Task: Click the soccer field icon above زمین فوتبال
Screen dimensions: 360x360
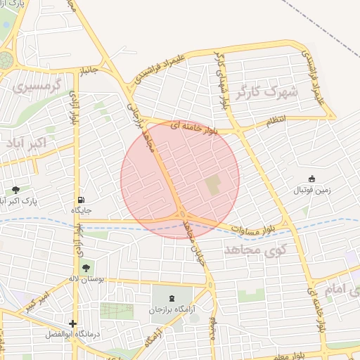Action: (x=311, y=179)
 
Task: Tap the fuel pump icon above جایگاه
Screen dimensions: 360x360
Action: (x=82, y=200)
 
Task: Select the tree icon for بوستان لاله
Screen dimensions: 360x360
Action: (x=86, y=267)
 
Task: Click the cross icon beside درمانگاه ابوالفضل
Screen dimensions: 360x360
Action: (x=72, y=324)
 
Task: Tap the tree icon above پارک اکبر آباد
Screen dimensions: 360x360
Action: (x=15, y=190)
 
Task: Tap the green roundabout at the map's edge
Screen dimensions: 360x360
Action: (x=5, y=59)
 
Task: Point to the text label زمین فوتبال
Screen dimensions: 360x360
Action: (x=311, y=191)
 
